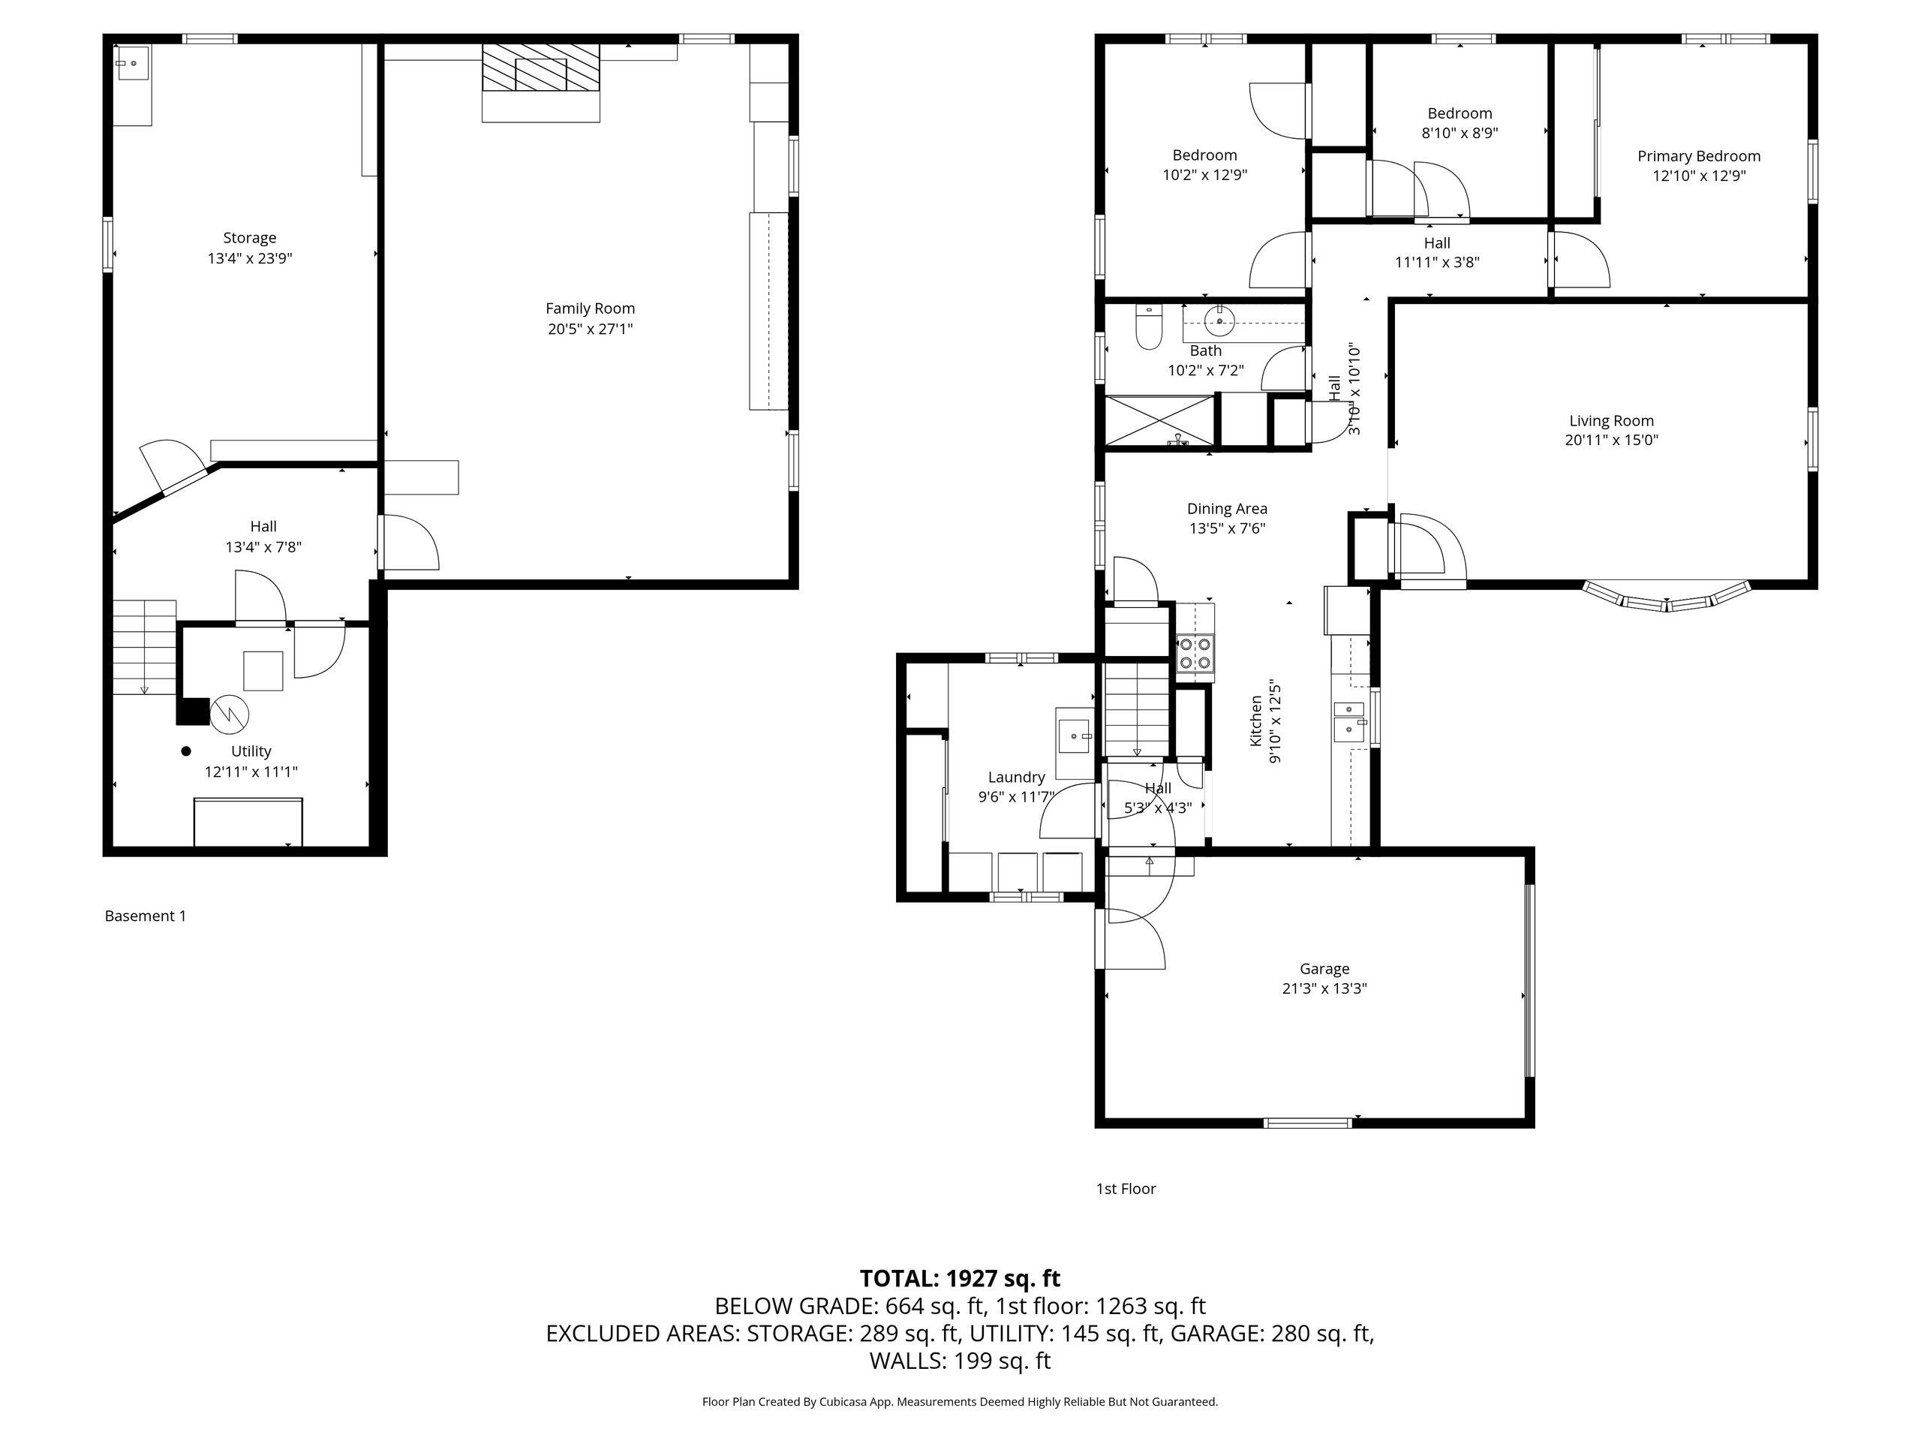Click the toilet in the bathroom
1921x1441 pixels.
1148,327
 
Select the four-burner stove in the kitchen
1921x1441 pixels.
1195,653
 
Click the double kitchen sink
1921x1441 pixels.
1348,722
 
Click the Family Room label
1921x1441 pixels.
590,308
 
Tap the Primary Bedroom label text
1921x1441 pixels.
1699,156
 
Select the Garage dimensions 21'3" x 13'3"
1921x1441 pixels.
1324,988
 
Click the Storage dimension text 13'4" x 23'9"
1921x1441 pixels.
249,258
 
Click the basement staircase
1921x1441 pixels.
145,647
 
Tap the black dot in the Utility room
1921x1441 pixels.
186,751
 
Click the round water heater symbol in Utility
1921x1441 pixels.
230,713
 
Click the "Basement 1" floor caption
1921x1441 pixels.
145,916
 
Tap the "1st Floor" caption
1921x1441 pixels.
1126,1188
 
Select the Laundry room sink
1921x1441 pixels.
1075,736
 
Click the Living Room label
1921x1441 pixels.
1611,421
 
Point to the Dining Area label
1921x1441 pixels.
1227,509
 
